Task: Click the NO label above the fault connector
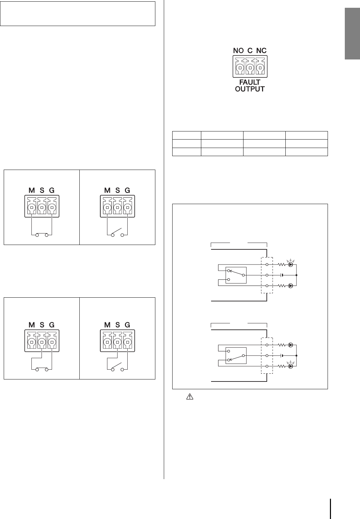point(239,51)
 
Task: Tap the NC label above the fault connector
point(261,51)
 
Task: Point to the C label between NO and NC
point(250,51)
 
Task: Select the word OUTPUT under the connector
point(250,89)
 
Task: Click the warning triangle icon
point(189,398)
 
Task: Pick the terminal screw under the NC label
point(260,68)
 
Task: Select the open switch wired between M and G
point(117,233)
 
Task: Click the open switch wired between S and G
point(117,367)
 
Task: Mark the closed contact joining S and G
point(42,369)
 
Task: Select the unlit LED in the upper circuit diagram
point(290,286)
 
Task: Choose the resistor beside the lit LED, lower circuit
point(281,366)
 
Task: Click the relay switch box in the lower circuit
point(236,355)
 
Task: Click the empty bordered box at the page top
point(78,14)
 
